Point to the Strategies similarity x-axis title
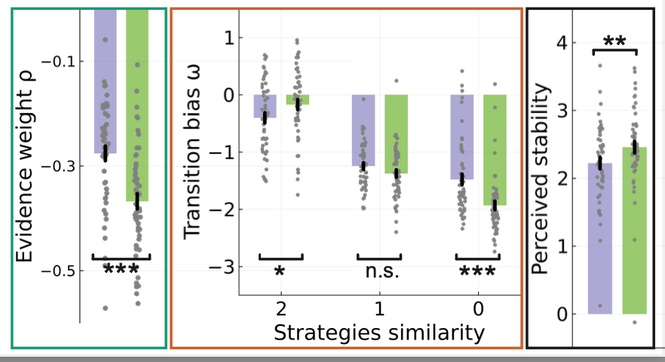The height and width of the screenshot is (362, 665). (378, 332)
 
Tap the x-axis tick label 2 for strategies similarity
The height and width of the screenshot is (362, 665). (280, 310)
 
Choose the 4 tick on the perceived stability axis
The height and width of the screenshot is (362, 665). (562, 43)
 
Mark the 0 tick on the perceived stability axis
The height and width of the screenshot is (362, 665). (562, 314)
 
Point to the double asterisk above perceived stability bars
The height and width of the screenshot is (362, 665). (615, 42)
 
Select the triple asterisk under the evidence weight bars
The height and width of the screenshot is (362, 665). (121, 269)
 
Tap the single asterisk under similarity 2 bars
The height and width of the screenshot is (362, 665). (280, 271)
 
